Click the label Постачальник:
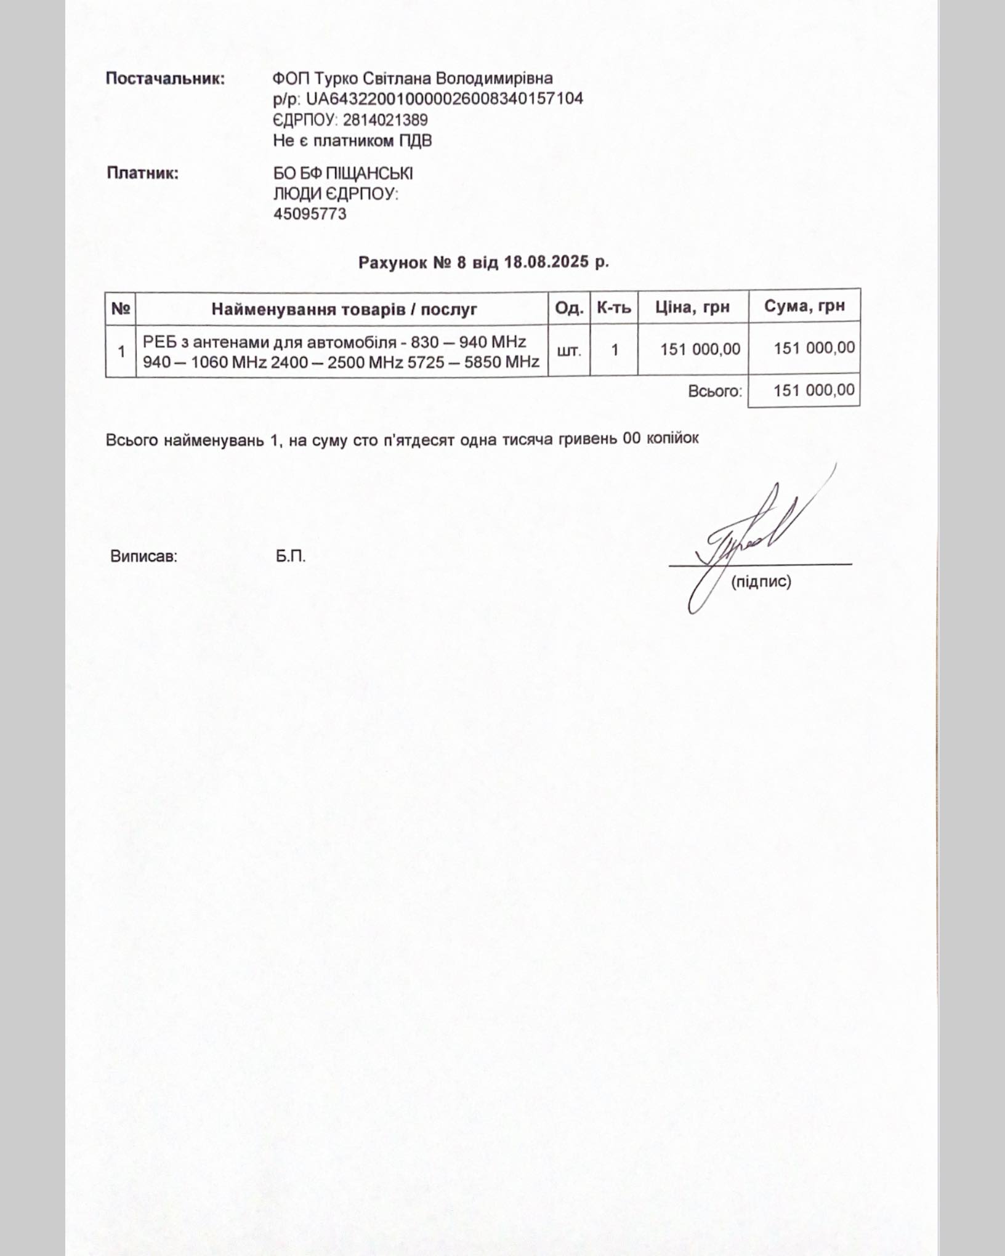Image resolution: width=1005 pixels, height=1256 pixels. coord(165,79)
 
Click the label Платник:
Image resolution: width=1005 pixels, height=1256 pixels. coord(143,173)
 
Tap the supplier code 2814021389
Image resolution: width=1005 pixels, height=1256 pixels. coord(385,119)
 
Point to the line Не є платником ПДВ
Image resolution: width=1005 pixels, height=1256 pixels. coord(352,141)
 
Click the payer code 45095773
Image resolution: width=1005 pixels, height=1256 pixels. coord(310,214)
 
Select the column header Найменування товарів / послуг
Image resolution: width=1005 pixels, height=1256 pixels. coord(344,308)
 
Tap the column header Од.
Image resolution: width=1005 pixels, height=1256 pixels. coord(568,308)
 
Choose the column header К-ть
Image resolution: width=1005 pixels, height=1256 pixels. coord(613,307)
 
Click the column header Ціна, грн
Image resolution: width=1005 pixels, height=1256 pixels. coord(692,307)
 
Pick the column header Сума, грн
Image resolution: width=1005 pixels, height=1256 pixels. coord(804,306)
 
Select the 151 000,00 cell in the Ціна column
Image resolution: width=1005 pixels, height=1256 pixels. coord(700,349)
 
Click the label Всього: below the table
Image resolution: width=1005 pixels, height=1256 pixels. coord(715,391)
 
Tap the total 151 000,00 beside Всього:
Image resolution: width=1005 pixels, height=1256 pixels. coord(813,390)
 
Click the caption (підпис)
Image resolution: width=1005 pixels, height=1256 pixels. coord(761,582)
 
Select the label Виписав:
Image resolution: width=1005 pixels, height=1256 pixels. coord(143,557)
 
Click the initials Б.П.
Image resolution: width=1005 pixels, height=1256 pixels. coord(291,557)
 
